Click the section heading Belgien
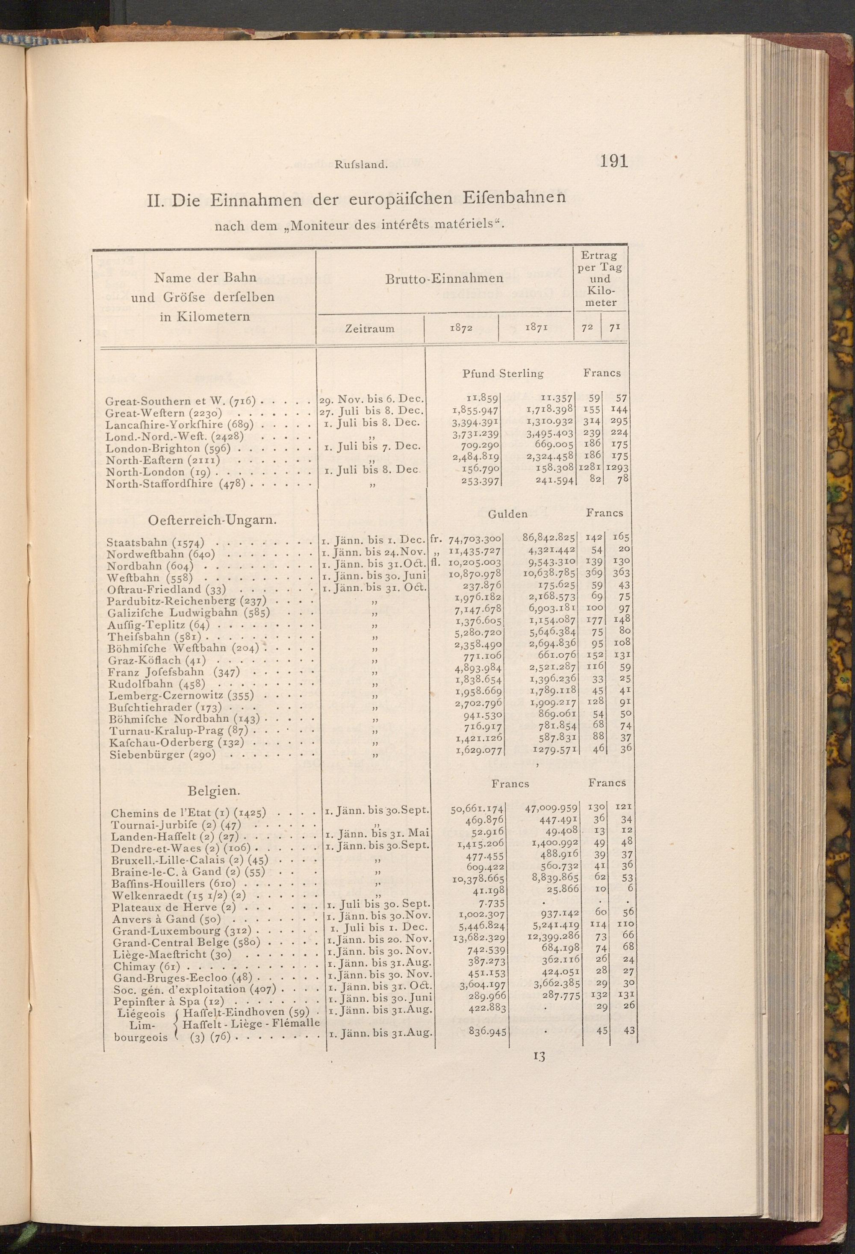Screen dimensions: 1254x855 tap(214, 791)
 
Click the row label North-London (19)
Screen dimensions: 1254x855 tap(161, 472)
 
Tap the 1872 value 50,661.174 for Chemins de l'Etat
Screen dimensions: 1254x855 tap(477, 809)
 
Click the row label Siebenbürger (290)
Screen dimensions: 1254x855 tap(162, 755)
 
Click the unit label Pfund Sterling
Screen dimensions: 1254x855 tap(503, 373)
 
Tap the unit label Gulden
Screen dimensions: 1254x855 tap(507, 513)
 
